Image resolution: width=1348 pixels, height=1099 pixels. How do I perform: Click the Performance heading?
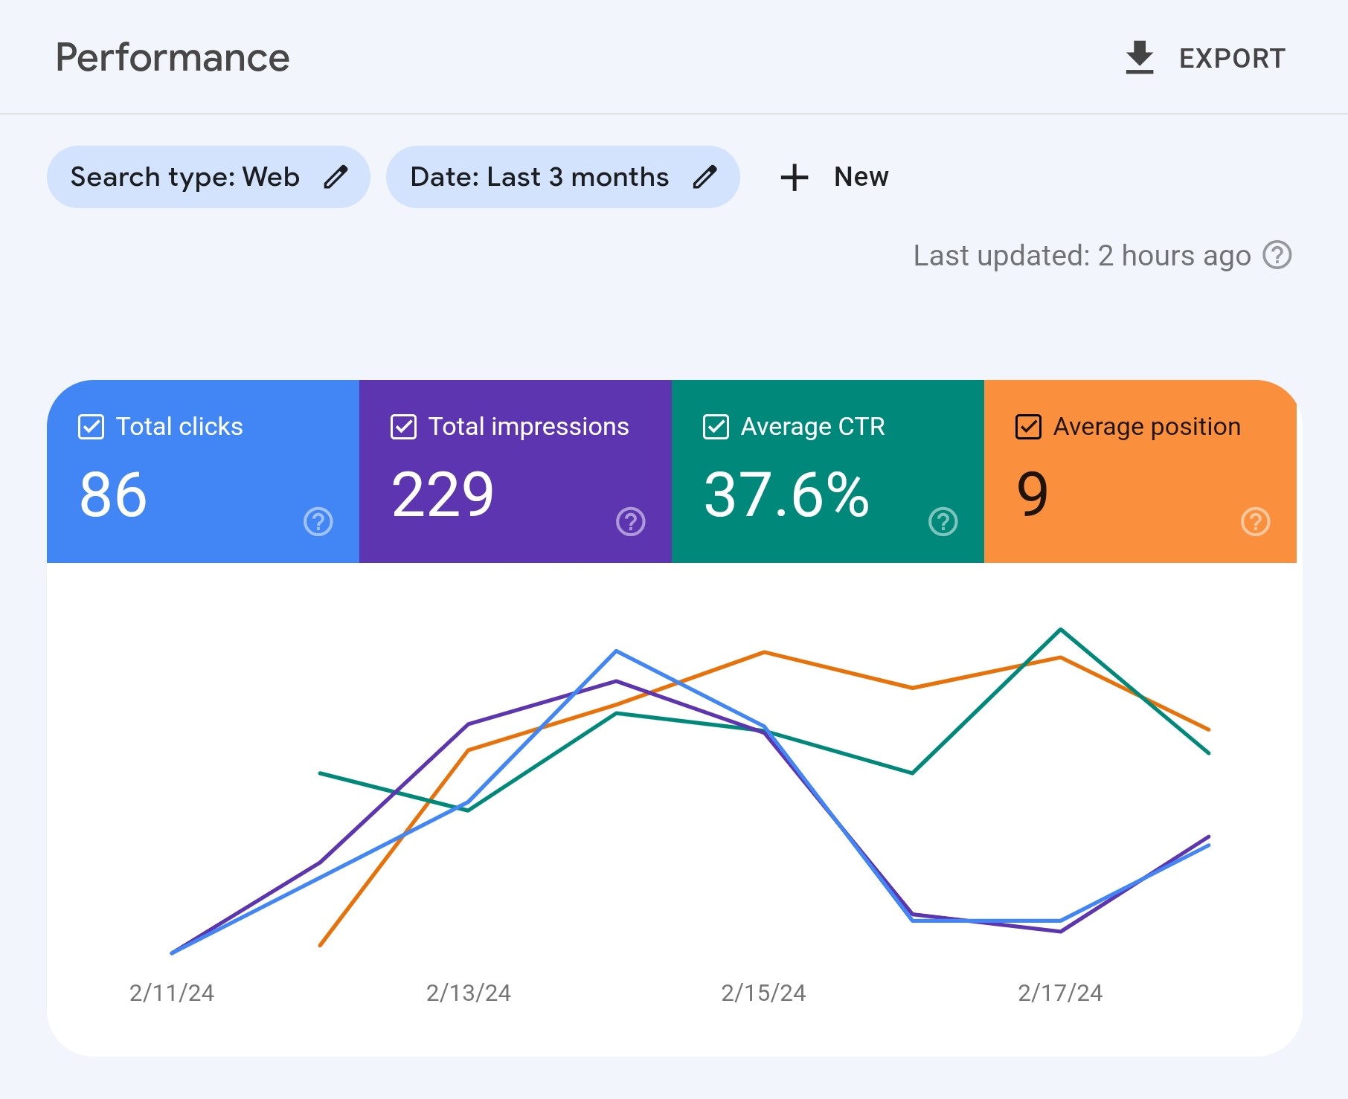point(173,58)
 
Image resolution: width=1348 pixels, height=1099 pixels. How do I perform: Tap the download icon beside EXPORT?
point(1139,58)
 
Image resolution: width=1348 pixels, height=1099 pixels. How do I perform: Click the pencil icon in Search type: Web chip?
point(336,177)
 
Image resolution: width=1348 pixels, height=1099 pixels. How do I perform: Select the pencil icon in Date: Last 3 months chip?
point(705,177)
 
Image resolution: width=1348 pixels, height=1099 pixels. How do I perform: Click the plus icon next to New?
point(795,177)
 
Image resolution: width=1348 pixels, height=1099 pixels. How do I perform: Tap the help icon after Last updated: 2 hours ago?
point(1277,255)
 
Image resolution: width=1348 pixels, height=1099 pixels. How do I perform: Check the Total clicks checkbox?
point(91,427)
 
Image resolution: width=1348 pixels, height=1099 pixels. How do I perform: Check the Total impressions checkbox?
point(403,427)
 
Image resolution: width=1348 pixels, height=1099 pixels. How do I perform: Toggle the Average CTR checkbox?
point(716,427)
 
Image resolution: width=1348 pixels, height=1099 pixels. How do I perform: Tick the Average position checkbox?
point(1028,427)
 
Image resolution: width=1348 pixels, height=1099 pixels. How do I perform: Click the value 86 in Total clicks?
point(113,494)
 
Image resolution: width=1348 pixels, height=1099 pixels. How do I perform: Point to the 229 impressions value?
point(443,494)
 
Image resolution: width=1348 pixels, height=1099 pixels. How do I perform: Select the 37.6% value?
point(786,494)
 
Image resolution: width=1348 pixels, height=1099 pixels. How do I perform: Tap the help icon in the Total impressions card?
point(631,521)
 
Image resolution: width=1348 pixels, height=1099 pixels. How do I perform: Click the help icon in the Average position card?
point(1256,521)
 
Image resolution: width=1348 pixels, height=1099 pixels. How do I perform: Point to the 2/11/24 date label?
point(172,993)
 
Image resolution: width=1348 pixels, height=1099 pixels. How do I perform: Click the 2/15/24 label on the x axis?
point(763,993)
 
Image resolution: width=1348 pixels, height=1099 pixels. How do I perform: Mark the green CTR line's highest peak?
point(1060,630)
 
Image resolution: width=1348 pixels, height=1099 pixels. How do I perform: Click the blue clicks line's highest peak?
point(617,651)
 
